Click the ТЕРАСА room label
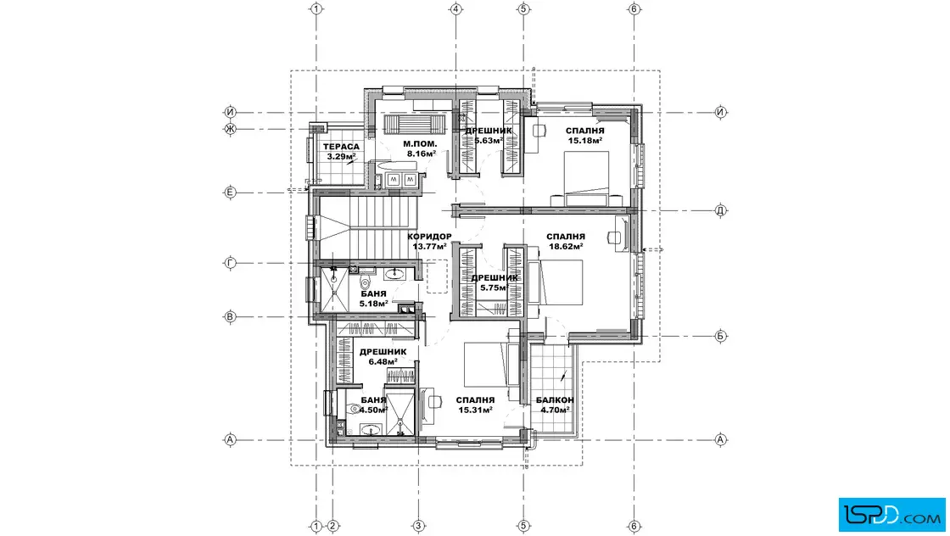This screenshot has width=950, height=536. (341, 147)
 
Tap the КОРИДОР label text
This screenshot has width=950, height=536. (429, 237)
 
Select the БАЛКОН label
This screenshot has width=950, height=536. (555, 400)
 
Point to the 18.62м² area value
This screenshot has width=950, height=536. (566, 247)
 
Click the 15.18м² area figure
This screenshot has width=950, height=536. (585, 141)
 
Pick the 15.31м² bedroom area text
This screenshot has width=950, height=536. (475, 410)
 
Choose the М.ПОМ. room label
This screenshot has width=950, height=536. (420, 144)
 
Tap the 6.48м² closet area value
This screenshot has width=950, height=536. (383, 361)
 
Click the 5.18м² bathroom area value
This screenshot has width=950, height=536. (373, 304)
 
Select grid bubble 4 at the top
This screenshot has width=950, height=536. (456, 9)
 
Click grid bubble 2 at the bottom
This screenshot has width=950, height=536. (332, 527)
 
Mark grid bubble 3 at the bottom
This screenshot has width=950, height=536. (418, 527)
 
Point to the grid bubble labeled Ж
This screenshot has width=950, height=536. (230, 128)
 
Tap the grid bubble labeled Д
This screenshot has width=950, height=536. (720, 211)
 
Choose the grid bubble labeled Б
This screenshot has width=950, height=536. (720, 336)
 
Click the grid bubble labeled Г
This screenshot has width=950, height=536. (230, 263)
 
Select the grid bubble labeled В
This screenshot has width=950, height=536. (230, 316)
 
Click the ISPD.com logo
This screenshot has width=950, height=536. (891, 515)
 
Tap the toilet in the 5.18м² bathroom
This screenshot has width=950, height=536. (366, 283)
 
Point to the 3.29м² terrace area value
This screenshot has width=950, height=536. (341, 156)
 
